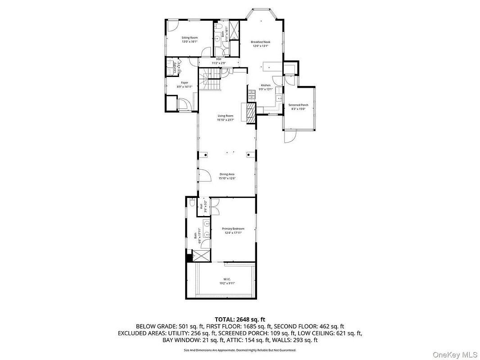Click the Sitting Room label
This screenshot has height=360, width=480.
coord(190,38)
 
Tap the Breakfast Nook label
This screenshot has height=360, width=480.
coord(259,42)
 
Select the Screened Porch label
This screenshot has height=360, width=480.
coord(298,105)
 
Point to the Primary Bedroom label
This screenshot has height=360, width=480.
coord(233,229)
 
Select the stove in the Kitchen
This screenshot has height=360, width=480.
coord(251,95)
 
